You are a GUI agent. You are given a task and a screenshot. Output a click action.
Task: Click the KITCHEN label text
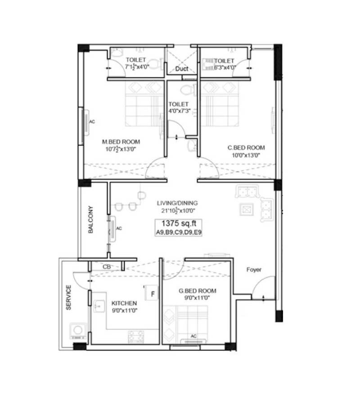tap(124, 303)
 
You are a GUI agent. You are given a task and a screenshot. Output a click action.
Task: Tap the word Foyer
tap(254, 270)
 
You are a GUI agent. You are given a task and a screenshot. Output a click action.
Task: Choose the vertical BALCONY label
tap(90, 220)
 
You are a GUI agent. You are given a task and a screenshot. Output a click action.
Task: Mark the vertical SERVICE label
tap(69, 297)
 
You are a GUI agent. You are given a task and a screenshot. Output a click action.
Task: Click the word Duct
tap(182, 69)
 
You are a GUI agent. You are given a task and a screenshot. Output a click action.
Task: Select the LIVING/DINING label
tap(177, 203)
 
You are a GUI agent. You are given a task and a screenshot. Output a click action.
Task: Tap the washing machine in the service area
tap(78, 330)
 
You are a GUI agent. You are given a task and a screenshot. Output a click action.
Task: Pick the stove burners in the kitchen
tap(136, 336)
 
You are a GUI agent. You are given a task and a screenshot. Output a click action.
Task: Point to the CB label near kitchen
tap(107, 267)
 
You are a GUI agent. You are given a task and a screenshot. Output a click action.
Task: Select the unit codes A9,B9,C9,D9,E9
tap(178, 233)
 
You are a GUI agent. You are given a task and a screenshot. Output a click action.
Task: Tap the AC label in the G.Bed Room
tap(194, 336)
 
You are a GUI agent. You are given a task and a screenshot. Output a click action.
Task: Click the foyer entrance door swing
tap(263, 288)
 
